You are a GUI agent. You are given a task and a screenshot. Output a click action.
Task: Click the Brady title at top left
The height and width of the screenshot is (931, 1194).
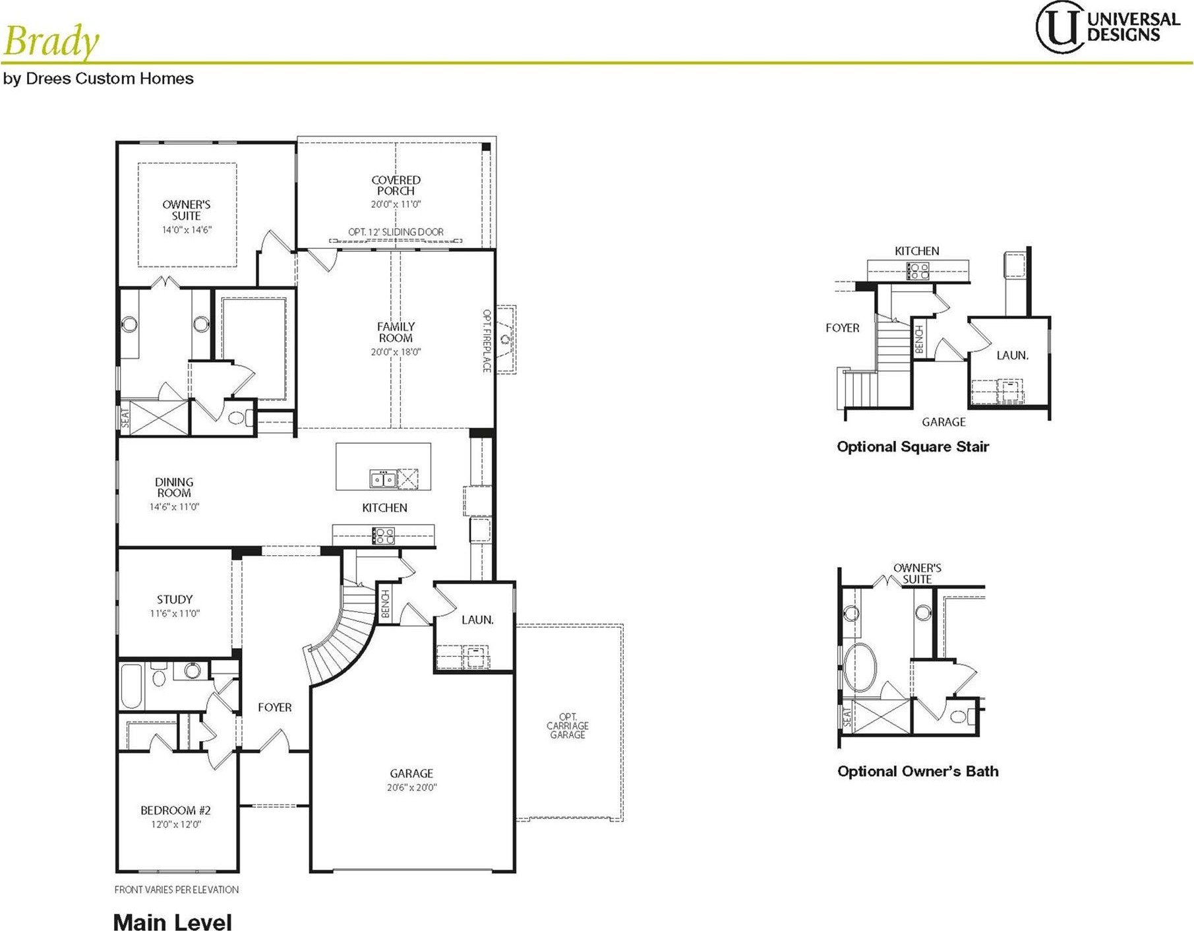click(x=51, y=41)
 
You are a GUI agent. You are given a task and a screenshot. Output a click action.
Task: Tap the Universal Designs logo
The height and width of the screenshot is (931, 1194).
click(x=1107, y=27)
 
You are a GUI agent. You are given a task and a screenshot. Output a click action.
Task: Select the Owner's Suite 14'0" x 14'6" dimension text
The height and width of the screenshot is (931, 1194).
click(x=187, y=230)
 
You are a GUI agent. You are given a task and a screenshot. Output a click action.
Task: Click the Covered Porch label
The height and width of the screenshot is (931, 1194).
click(x=396, y=185)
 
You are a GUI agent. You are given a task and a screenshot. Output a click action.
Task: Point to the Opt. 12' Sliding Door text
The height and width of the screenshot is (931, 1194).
click(x=396, y=232)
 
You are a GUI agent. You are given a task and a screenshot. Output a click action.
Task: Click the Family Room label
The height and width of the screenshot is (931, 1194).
click(x=396, y=332)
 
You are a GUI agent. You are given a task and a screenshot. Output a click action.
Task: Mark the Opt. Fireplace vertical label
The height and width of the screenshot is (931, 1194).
click(x=487, y=341)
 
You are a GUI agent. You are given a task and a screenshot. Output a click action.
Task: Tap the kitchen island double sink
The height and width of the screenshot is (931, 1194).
click(x=383, y=479)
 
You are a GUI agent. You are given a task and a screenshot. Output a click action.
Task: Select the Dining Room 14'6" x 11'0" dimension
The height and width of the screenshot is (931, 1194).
click(x=174, y=507)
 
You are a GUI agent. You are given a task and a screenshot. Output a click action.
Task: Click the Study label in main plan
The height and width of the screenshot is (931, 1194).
click(x=175, y=599)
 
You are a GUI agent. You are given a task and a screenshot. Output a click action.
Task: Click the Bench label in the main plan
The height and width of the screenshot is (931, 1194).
click(x=386, y=604)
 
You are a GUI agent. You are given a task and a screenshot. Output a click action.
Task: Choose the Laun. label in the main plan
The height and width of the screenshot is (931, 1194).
click(x=477, y=620)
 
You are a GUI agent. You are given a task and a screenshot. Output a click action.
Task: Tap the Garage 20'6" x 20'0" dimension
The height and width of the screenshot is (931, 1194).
click(x=411, y=787)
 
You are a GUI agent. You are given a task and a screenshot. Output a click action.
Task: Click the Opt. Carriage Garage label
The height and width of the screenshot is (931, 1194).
click(x=568, y=725)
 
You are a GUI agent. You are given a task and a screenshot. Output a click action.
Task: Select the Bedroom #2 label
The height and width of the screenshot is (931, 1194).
click(x=175, y=810)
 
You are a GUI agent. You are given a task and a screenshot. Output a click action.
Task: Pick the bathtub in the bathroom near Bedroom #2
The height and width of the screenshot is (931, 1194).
click(x=132, y=686)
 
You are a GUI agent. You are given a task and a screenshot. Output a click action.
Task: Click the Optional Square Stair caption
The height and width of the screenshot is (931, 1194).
click(x=912, y=447)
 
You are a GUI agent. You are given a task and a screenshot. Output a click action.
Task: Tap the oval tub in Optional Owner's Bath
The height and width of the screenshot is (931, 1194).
click(x=860, y=667)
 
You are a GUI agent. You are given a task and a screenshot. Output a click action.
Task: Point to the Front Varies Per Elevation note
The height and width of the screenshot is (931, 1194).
click(x=177, y=889)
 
